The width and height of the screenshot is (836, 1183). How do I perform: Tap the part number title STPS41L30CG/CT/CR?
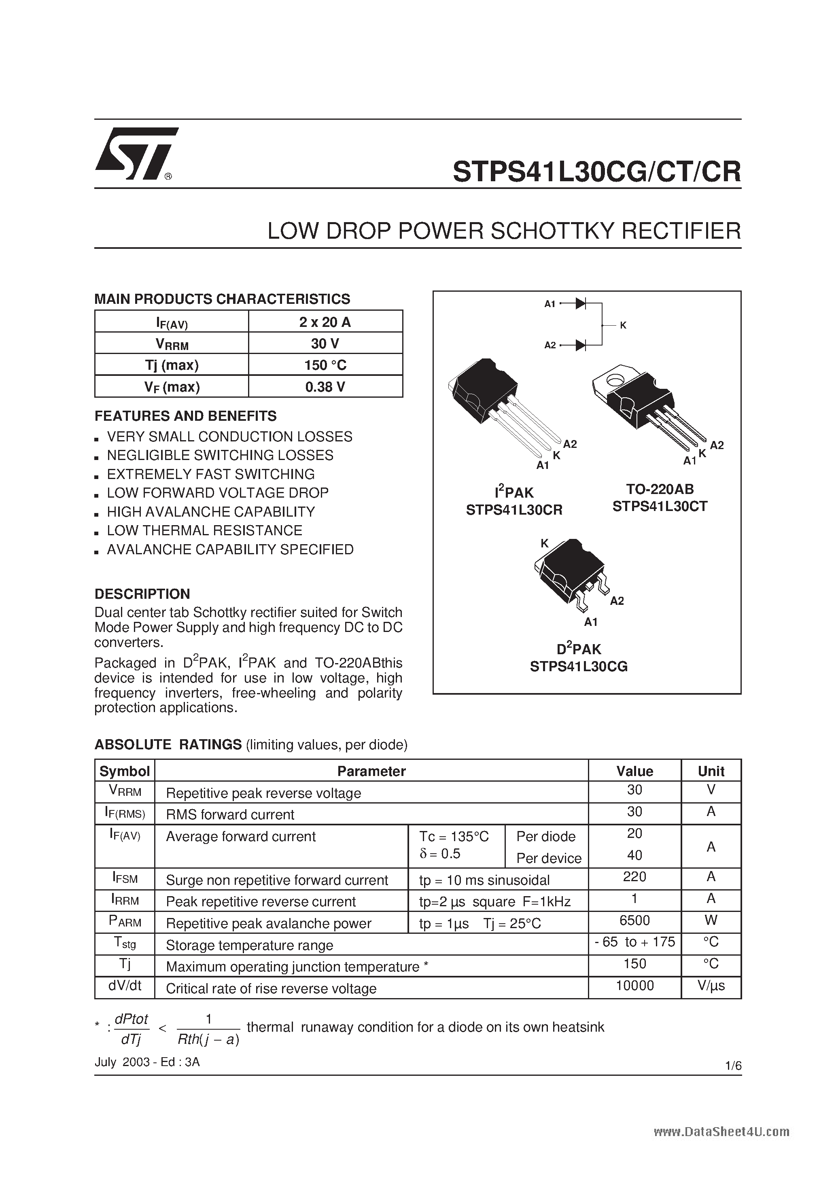[596, 172]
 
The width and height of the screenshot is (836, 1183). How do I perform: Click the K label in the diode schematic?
[623, 325]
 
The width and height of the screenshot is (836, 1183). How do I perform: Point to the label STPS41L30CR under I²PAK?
[514, 510]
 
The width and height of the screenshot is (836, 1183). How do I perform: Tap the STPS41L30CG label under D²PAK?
[579, 667]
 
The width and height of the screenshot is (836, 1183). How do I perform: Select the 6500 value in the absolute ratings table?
[634, 920]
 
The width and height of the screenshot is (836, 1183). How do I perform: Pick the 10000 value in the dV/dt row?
[634, 986]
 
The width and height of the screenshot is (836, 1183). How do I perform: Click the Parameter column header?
[371, 771]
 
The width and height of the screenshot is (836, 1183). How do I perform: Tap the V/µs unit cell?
[711, 986]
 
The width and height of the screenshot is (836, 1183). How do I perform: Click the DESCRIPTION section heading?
[142, 594]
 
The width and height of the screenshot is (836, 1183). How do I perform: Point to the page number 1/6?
[733, 1066]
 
